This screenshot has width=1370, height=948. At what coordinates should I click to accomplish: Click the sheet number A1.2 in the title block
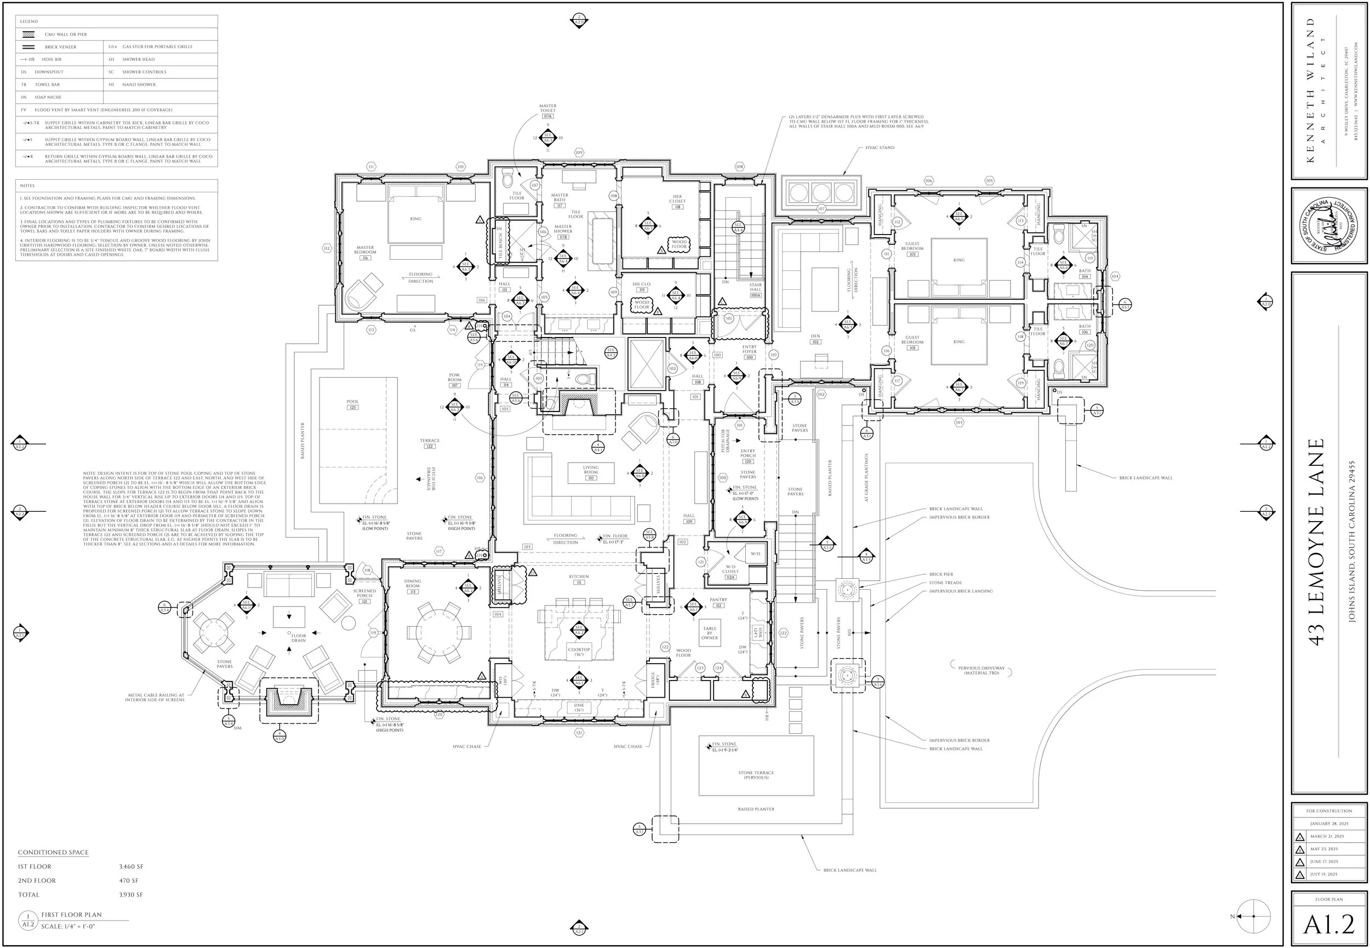(1329, 924)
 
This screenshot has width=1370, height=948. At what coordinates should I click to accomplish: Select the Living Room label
(590, 470)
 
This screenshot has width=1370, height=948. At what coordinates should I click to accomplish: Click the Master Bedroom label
(365, 250)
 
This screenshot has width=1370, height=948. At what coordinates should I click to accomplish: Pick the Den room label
(815, 339)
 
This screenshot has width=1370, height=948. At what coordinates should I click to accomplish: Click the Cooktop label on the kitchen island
(579, 652)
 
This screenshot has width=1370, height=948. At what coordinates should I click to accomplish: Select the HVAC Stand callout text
(880, 148)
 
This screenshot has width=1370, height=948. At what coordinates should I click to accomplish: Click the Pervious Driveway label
(981, 670)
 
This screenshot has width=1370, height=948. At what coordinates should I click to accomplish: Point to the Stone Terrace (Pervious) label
(756, 774)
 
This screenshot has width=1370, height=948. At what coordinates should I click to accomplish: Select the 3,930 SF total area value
(130, 894)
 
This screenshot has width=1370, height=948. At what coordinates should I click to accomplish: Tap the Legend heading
(29, 21)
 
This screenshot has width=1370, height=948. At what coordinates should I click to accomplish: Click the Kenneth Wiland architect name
(1311, 89)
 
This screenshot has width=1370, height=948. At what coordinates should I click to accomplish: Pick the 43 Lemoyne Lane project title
(1316, 542)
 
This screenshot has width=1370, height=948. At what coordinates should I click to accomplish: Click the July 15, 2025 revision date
(1323, 875)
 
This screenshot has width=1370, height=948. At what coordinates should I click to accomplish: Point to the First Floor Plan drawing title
(71, 915)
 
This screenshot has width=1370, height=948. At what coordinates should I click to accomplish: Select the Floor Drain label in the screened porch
(298, 638)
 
